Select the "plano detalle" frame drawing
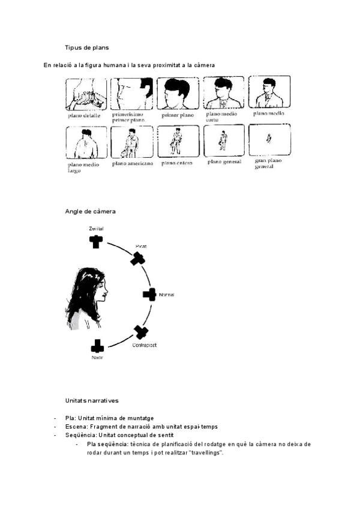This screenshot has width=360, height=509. tap(86, 92)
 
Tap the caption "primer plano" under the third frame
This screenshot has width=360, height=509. tap(178, 114)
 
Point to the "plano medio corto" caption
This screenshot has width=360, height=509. tap(221, 116)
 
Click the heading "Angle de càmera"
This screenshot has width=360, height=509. tap(90, 211)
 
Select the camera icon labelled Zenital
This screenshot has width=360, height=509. tap(95, 241)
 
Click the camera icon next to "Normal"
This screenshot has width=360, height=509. tap(149, 295)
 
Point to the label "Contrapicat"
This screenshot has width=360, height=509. tap(144, 346)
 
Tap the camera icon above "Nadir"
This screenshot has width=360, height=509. tap(97, 346)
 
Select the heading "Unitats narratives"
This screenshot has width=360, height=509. tap(92, 400)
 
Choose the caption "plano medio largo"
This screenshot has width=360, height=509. tap(84, 168)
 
